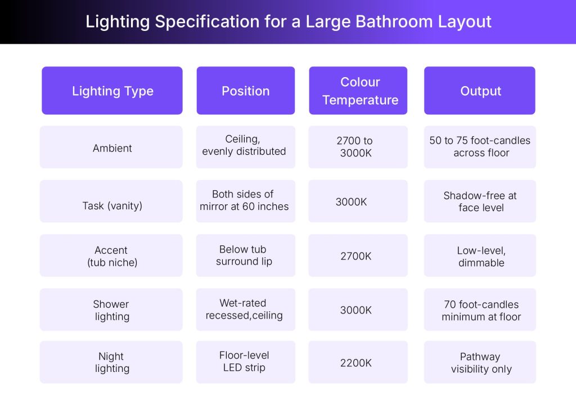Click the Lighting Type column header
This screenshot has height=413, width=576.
click(x=112, y=91)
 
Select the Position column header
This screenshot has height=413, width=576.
click(x=245, y=91)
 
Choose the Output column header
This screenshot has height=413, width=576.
click(x=480, y=91)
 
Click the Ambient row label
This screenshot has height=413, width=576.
click(x=112, y=148)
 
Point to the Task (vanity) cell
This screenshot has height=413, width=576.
click(x=112, y=205)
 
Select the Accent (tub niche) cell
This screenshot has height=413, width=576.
click(x=111, y=256)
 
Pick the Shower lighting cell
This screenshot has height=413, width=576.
click(x=111, y=310)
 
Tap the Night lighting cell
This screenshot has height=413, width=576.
click(x=111, y=362)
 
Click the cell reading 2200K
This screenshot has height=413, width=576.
click(x=355, y=363)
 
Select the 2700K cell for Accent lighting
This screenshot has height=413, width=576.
click(x=355, y=256)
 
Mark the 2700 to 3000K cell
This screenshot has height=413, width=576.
click(x=355, y=147)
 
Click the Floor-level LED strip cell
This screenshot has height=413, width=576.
click(x=244, y=361)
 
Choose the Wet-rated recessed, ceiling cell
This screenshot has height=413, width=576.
click(x=244, y=309)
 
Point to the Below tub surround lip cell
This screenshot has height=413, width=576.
click(x=244, y=255)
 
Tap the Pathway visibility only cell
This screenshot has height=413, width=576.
click(x=480, y=363)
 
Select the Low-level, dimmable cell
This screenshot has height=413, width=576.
click(x=480, y=257)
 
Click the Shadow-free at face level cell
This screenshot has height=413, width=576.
click(x=480, y=201)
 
